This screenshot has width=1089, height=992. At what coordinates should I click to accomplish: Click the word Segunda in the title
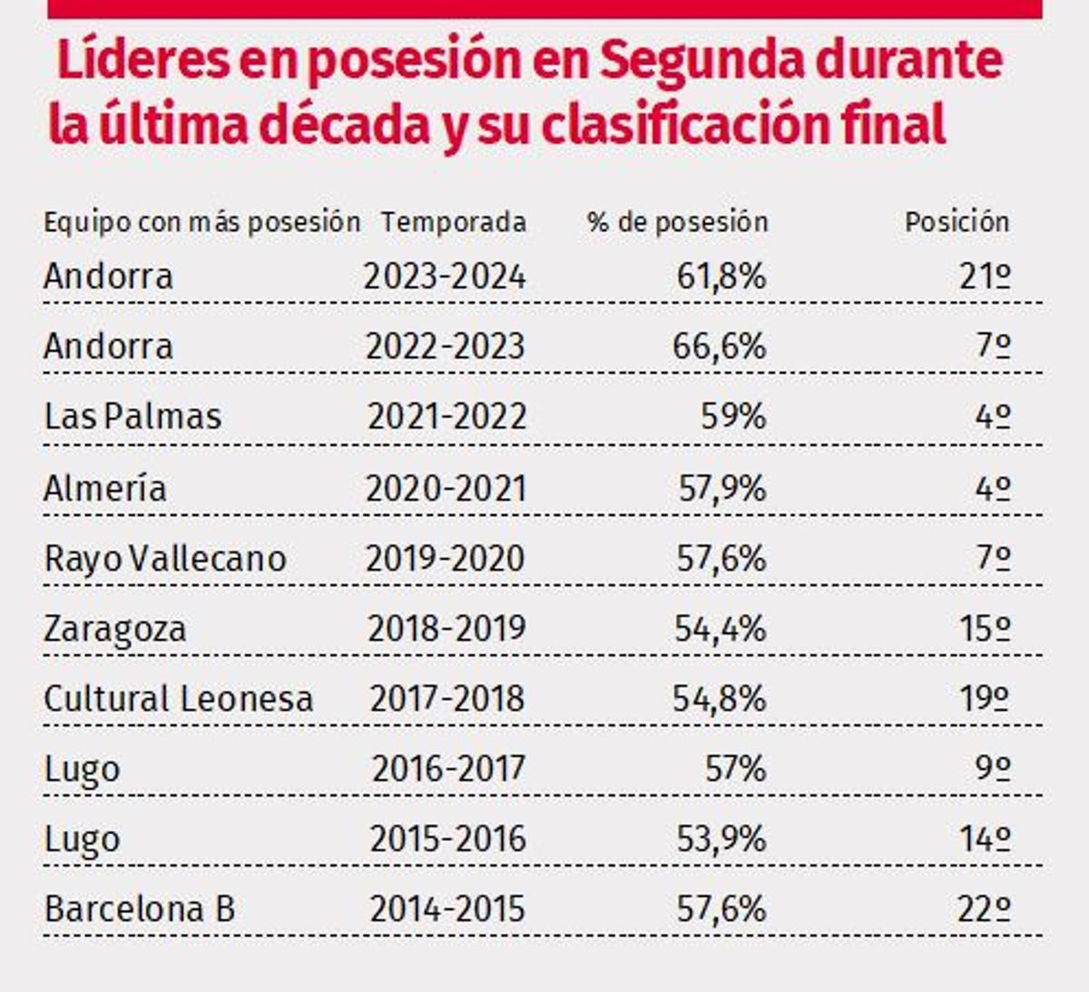pos(701,60)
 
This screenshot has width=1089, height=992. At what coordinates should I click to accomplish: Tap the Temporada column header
pos(453,221)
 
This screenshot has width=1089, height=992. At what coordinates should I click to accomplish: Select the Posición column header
pos(957,221)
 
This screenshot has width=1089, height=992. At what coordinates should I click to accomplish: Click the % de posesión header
pos(677,221)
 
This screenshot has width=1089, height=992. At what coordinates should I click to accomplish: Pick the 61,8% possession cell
pos(721,276)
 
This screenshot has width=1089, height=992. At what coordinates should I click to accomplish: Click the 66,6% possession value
pos(719,345)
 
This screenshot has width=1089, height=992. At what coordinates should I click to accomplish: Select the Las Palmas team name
pos(132,416)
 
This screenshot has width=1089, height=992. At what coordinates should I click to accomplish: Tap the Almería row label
pos(105,488)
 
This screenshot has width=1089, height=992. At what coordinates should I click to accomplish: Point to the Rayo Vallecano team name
pos(165,558)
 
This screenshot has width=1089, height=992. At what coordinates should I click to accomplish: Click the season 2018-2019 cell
pos(446,628)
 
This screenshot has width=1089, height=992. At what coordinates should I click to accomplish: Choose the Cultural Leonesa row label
pos(179,698)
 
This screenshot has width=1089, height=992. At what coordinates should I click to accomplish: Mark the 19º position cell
pos(985,698)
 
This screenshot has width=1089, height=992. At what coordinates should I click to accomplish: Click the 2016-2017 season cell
pos(448,769)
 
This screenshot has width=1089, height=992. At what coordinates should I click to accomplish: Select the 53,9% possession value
pos(721,839)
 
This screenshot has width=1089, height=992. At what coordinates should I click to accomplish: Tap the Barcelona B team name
pos(140,909)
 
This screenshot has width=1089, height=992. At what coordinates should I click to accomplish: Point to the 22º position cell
pos(983,909)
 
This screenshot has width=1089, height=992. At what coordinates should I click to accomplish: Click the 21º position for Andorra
pos(985,276)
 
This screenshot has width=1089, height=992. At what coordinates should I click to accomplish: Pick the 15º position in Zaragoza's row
pos(985,628)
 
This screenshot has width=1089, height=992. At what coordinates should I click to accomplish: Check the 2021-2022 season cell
pos(446,416)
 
